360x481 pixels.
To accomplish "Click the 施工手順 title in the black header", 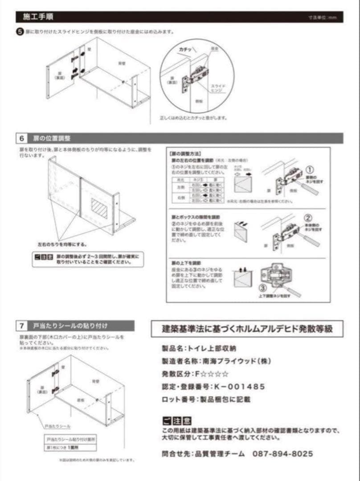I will [x=39, y=17].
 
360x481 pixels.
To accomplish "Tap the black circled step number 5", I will [x=20, y=32].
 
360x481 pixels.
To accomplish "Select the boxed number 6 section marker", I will [x=21, y=138].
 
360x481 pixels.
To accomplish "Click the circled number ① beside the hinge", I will [x=310, y=169].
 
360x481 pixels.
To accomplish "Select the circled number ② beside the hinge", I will [x=308, y=218].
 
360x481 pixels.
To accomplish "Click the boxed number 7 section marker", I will [x=21, y=326].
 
